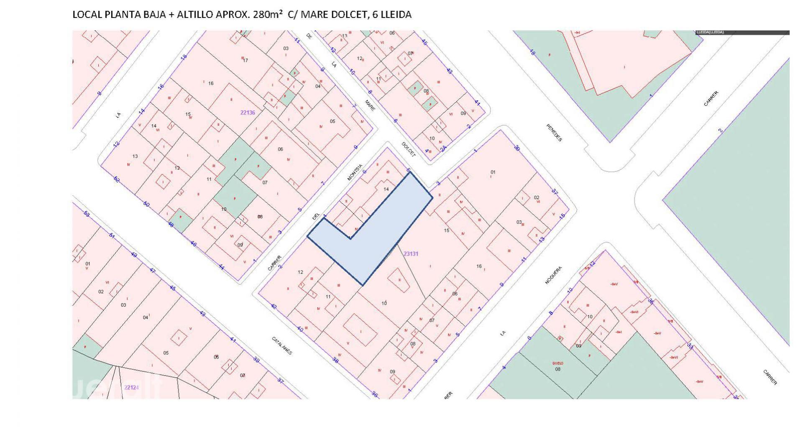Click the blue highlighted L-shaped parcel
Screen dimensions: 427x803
coord(372,234)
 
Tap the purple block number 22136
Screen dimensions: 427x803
coord(248,113)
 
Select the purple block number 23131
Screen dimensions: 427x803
coord(411,253)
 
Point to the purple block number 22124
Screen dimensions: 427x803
coord(131,388)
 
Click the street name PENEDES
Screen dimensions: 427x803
coord(554,133)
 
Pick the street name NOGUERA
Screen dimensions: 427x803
coord(553,276)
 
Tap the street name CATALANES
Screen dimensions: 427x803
coord(282,346)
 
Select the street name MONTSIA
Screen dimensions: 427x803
coord(354,172)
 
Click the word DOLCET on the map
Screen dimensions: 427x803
coord(409,149)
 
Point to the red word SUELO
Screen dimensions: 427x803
coord(558,363)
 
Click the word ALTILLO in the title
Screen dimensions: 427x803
coord(198,15)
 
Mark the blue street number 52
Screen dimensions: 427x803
coord(116,179)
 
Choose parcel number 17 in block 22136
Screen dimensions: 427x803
coord(246,60)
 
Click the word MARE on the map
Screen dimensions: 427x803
coord(370,105)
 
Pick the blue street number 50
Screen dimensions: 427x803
coord(146,204)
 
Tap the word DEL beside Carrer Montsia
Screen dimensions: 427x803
coord(316,216)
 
